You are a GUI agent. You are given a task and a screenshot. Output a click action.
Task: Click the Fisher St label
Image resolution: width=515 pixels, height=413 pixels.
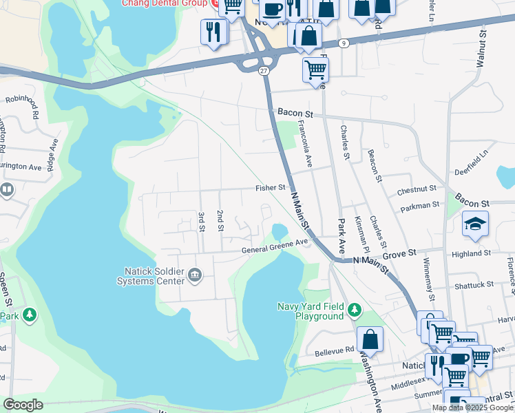tap(270, 187)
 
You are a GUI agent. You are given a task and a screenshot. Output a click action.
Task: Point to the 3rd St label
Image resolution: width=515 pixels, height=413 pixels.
tap(202, 222)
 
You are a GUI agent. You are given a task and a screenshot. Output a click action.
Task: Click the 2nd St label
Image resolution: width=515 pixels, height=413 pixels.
tap(220, 221)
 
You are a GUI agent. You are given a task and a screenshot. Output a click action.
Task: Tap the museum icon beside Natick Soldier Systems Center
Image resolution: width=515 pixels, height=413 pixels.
tap(196, 276)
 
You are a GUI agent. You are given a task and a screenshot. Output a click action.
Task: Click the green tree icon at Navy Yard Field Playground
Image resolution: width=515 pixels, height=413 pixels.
tap(355, 310)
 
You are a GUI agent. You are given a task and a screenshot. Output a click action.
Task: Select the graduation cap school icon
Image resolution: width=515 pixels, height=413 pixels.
tap(474, 224)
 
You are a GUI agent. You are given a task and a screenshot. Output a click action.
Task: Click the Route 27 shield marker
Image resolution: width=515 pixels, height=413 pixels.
tap(264, 70)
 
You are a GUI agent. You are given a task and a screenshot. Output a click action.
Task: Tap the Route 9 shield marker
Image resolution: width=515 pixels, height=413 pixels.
tap(344, 43)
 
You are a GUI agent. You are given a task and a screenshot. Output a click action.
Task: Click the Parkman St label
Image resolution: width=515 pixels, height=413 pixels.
tap(422, 204)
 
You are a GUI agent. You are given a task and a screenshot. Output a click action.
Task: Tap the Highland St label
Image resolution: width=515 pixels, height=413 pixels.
tap(470, 253)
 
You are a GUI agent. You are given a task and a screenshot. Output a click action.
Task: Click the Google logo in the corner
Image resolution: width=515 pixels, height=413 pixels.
tap(23, 404)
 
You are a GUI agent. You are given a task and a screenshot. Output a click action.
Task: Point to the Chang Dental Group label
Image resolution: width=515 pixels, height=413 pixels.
tap(163, 3)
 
